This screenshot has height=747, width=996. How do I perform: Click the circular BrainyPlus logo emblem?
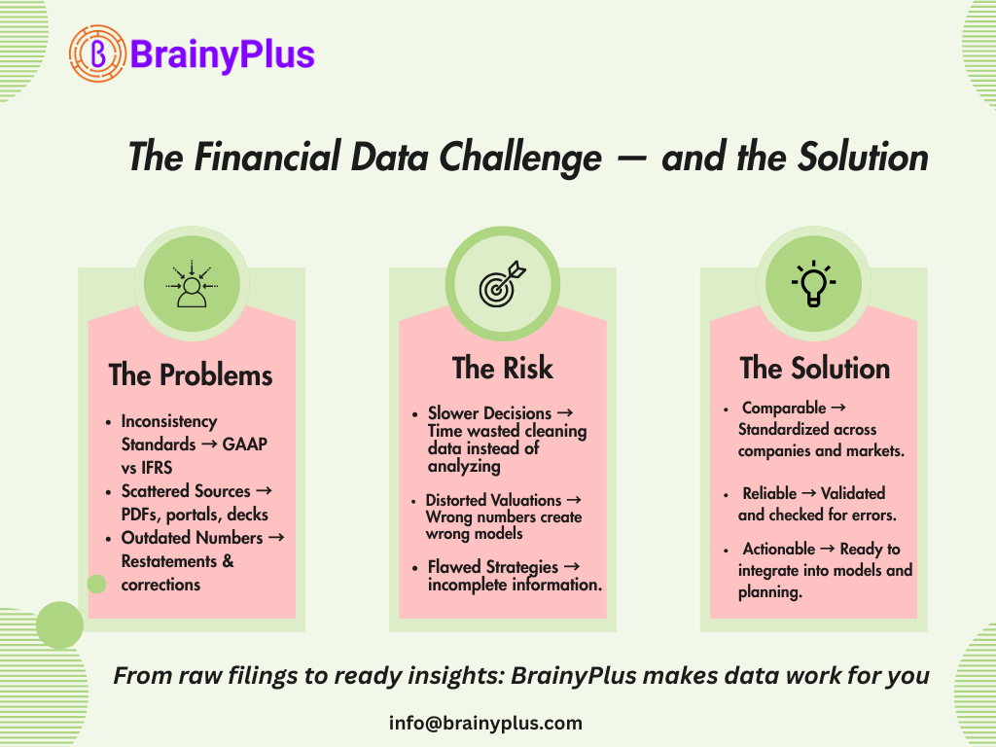click(97, 54)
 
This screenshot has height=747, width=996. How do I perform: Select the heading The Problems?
click(191, 374)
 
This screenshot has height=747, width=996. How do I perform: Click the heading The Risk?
click(503, 368)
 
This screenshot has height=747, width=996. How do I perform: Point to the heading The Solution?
click(815, 369)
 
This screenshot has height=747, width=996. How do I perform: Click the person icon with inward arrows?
click(192, 284)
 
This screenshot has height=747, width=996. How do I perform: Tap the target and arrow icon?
click(503, 283)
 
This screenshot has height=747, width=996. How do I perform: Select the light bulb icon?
click(814, 283)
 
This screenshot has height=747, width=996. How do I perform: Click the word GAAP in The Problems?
click(244, 444)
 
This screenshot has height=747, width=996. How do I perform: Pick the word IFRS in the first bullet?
click(157, 468)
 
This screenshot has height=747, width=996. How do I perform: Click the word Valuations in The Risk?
click(526, 500)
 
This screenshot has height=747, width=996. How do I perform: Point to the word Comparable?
click(784, 408)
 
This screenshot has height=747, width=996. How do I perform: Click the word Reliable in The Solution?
click(769, 493)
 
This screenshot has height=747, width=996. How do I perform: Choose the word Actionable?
click(779, 549)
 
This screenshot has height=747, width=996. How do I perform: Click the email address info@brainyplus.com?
click(485, 723)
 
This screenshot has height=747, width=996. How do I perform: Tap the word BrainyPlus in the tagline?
click(574, 676)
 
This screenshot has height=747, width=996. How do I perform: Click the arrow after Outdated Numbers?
click(276, 537)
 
